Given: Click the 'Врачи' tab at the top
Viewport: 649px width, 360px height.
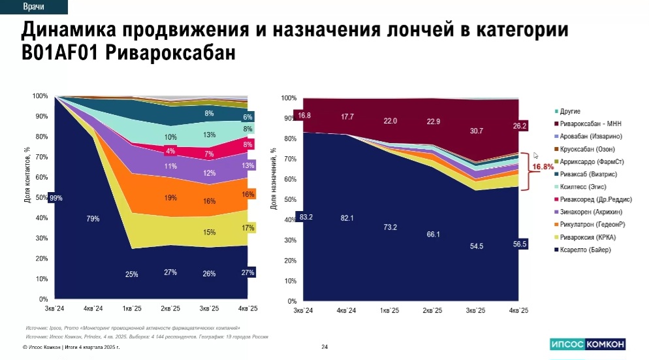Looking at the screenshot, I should [33, 7].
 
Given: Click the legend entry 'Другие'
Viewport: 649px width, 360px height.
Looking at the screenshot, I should [569, 111].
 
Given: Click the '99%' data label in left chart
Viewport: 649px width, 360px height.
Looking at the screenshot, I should [55, 198].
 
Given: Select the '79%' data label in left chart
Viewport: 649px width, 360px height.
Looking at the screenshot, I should [93, 219].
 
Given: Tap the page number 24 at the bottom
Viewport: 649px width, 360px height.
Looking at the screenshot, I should [324, 347].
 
